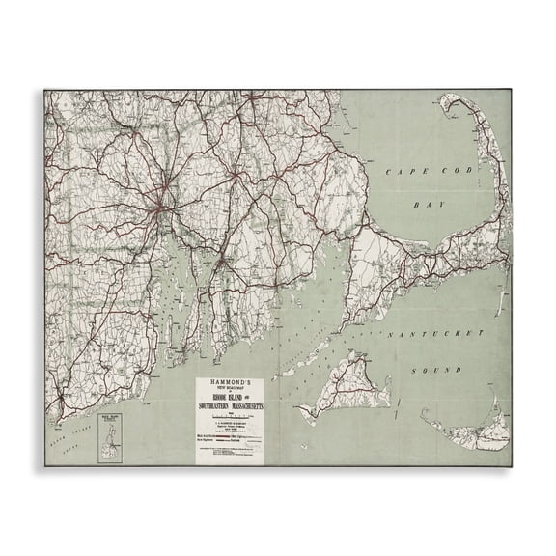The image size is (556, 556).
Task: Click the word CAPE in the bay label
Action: (x=396, y=172)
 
